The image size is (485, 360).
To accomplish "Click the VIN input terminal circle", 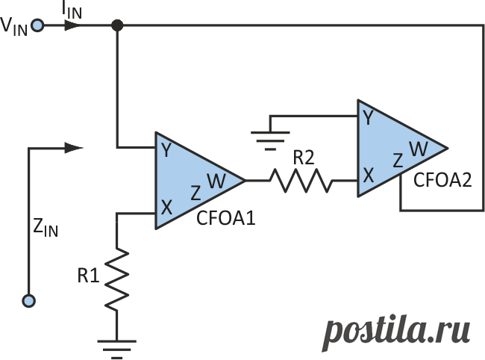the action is coord(38,25).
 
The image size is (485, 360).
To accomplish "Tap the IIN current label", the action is coord(72,11).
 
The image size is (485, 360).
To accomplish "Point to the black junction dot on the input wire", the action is coord(117,25).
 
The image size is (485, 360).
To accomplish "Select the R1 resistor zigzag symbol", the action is coord(117,279).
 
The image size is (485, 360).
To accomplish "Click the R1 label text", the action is coord(88,276).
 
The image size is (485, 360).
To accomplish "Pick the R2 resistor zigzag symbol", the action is coord(301,181).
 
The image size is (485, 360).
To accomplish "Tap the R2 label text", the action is coord(303,158).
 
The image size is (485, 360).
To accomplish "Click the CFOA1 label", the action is coord(226,218).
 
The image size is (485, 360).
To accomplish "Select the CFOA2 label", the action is coord(442,180).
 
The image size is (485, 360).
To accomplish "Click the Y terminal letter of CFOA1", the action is coord(166,150).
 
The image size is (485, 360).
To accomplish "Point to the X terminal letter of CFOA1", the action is coord(166,207).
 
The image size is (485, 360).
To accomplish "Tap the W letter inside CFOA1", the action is coord(216,181).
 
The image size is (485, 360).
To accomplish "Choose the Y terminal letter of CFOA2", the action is coord(368,117).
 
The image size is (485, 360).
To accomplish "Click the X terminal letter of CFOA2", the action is coord(369,176).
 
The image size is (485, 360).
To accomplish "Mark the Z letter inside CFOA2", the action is coord(398,161).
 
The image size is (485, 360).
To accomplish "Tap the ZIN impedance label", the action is coord(46,228).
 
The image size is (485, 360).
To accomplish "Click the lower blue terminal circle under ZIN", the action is coord(29,301).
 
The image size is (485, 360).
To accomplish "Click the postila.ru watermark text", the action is coord(396,333).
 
